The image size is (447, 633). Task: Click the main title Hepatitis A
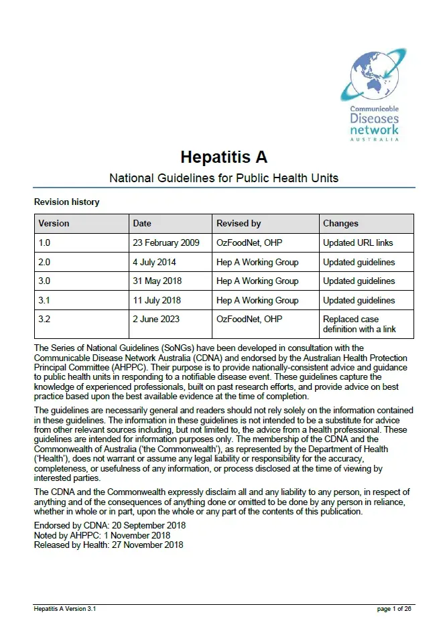click(223, 157)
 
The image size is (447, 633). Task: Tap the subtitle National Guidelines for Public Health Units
click(223, 178)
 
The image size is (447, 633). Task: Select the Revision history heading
click(66, 202)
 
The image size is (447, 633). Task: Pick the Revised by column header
click(239, 224)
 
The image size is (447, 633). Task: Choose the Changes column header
click(340, 224)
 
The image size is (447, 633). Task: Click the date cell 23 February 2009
click(166, 242)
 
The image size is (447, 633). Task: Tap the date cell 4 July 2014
click(154, 262)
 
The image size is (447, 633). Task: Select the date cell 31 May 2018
click(157, 281)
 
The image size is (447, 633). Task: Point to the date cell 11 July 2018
click(157, 300)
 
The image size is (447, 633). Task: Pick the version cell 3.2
click(44, 320)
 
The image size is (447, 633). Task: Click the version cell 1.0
click(44, 242)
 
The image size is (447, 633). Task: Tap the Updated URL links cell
click(358, 242)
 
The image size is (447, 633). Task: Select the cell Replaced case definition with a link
click(359, 324)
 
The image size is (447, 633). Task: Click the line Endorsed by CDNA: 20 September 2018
click(109, 526)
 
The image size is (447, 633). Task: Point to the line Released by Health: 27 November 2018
click(108, 545)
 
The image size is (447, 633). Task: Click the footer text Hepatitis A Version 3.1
click(69, 609)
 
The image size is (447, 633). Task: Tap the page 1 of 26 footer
click(394, 609)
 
